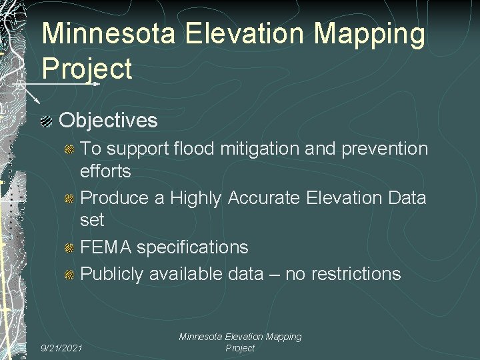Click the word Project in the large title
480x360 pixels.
pyautogui.click(x=87, y=68)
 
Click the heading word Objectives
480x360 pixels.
pyautogui.click(x=109, y=121)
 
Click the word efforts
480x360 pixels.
pyautogui.click(x=105, y=171)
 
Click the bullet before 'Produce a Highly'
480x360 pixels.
pyautogui.click(x=69, y=198)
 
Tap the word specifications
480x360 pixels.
pyautogui.click(x=193, y=248)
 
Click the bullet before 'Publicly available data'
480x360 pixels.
pyautogui.click(x=69, y=273)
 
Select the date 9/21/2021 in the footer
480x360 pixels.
pyautogui.click(x=62, y=347)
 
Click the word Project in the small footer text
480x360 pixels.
pyautogui.click(x=240, y=348)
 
